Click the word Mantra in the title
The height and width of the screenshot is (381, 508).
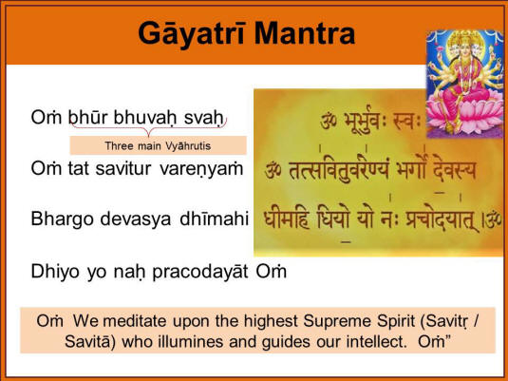tap(305, 33)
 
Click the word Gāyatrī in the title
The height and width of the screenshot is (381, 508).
tap(191, 35)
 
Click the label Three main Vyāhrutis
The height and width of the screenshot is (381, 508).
tap(158, 146)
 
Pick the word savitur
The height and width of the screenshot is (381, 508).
tap(123, 169)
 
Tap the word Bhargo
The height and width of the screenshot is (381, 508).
tap(63, 219)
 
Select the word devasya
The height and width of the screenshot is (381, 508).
tap(136, 219)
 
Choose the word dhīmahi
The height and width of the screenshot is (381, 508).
tap(215, 219)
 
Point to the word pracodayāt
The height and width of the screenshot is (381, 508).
tap(200, 272)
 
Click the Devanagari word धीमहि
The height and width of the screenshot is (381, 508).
tap(287, 219)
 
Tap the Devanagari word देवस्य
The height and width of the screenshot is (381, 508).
tap(455, 170)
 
